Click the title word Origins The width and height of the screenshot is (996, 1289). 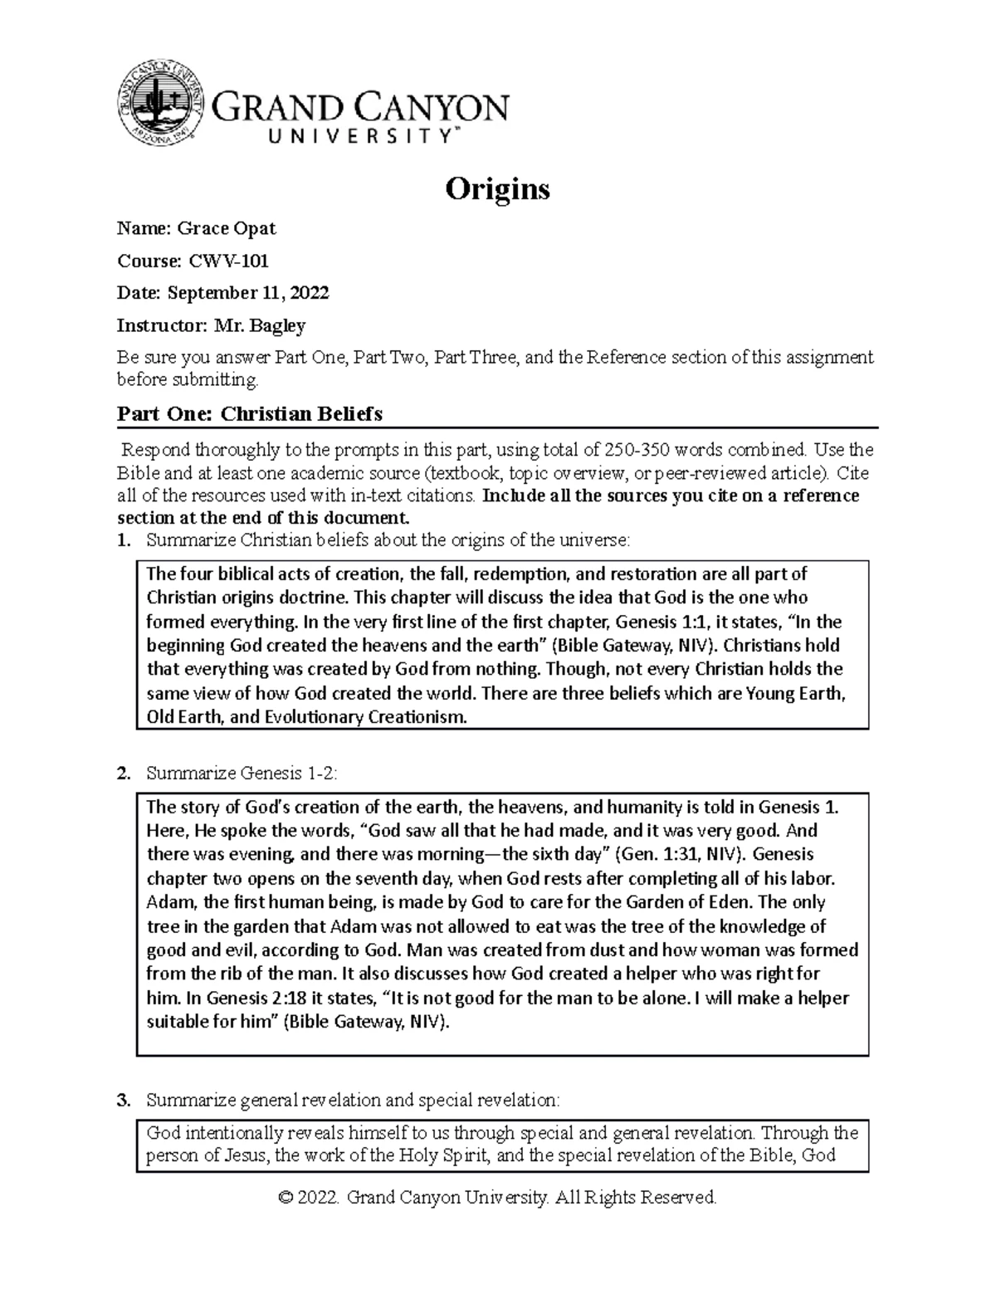(x=497, y=190)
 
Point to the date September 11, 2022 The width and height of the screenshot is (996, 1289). (x=248, y=293)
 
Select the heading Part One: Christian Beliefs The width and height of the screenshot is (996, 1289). (x=249, y=413)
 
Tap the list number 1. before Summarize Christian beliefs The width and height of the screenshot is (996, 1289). (x=124, y=541)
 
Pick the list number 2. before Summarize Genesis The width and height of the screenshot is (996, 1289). (x=124, y=774)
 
